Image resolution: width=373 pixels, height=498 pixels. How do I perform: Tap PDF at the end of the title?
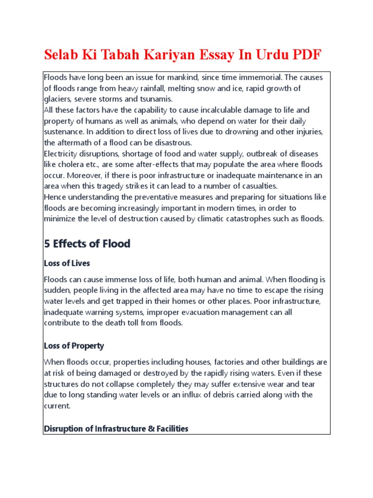(x=305, y=54)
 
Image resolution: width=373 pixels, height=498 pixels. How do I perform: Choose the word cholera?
(x=73, y=164)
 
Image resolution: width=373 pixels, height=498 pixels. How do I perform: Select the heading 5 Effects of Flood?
(x=87, y=244)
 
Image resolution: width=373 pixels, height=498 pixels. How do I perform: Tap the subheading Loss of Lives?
(x=67, y=263)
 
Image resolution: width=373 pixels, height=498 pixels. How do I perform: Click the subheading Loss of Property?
(x=74, y=346)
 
